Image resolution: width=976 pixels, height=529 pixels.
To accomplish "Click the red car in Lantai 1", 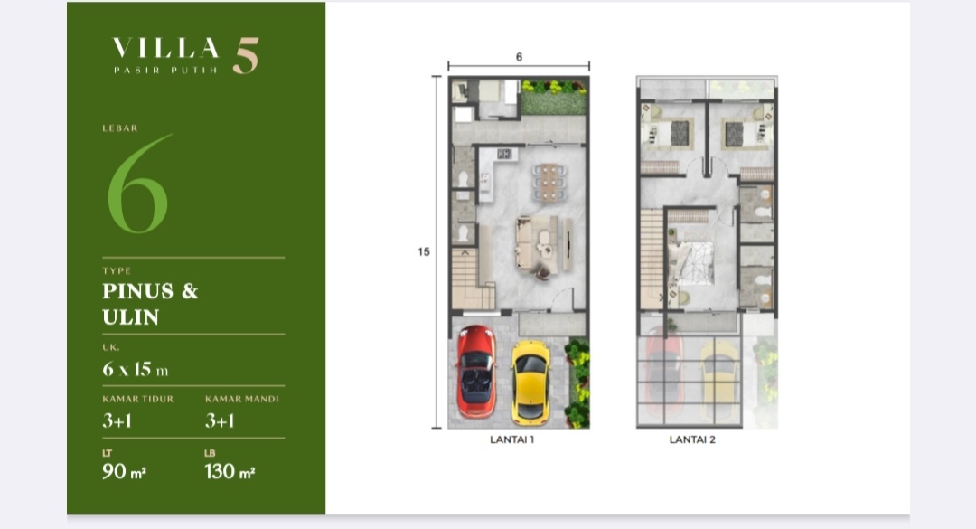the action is [476, 372].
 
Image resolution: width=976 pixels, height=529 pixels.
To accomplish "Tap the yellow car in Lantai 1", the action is [530, 382].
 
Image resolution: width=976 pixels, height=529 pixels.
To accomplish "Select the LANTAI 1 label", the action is [511, 439].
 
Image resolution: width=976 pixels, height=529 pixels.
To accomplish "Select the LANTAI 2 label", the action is [692, 439].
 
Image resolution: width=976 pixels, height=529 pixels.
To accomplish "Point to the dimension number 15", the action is [423, 251].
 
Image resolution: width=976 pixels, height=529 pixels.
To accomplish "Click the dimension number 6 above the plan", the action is [519, 57].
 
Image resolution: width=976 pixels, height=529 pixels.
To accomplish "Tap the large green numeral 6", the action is [138, 184].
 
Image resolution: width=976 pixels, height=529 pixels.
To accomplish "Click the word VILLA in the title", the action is [165, 48].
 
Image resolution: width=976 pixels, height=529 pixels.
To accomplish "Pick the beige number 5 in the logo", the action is [246, 55].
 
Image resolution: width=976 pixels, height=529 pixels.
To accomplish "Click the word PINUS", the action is [138, 291].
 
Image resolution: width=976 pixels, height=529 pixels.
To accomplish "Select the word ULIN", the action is [131, 317].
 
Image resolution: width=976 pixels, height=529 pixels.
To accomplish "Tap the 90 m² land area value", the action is [124, 472].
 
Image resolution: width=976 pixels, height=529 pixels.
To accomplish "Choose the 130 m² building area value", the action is [230, 472].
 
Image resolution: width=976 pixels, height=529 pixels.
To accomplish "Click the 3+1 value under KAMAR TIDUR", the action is [117, 420].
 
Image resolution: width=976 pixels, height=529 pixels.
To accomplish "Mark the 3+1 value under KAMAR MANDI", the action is [220, 420].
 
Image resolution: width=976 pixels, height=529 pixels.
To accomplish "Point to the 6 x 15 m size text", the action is [135, 370].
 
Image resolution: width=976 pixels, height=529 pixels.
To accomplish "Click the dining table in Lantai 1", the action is [549, 183].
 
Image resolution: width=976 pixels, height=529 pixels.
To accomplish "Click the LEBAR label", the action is [120, 128].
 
